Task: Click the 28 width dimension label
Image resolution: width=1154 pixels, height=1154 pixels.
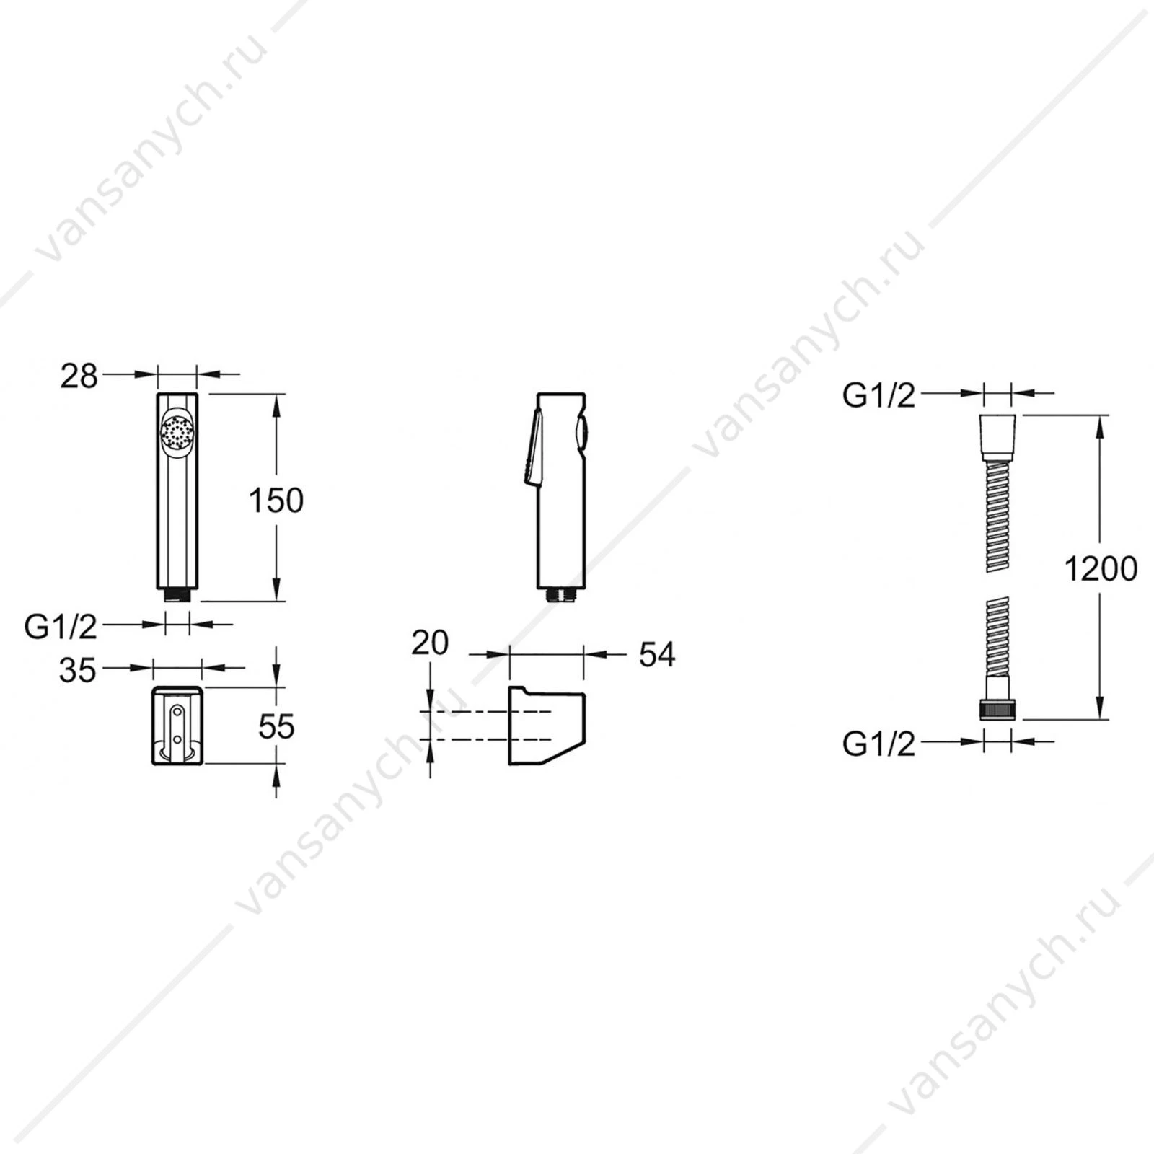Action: pyautogui.click(x=79, y=376)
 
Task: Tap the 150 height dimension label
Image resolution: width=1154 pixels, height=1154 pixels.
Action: pyautogui.click(x=276, y=500)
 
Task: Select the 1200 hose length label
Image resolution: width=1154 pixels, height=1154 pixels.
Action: pyautogui.click(x=1101, y=569)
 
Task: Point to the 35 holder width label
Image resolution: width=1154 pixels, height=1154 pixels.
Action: pyautogui.click(x=77, y=670)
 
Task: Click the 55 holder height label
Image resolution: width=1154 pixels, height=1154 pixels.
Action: pyautogui.click(x=276, y=726)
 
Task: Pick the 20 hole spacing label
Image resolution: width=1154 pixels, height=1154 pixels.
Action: pyautogui.click(x=430, y=642)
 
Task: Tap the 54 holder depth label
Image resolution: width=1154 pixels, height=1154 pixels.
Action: pyautogui.click(x=657, y=654)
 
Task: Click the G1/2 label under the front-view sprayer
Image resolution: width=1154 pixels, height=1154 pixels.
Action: pyautogui.click(x=61, y=627)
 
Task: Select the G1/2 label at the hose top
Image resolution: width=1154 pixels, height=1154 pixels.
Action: pyautogui.click(x=878, y=395)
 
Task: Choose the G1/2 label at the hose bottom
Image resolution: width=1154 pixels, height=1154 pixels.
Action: pyautogui.click(x=878, y=744)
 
